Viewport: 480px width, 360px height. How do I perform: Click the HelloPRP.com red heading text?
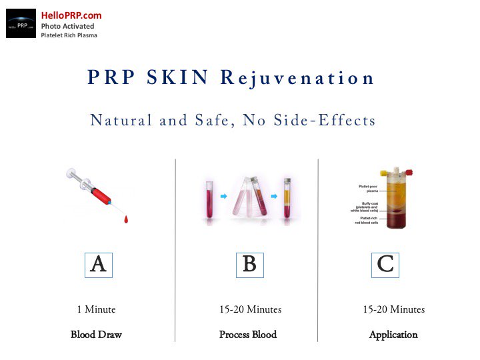click(71, 15)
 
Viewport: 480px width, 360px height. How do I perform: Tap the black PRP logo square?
click(21, 23)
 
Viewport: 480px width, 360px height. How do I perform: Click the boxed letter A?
click(98, 265)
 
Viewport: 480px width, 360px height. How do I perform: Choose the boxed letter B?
click(249, 265)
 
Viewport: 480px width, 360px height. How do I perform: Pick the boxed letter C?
click(385, 265)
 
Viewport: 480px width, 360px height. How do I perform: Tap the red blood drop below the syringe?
click(126, 219)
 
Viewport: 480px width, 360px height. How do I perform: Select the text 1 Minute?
click(96, 309)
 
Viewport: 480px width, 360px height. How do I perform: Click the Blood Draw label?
click(96, 335)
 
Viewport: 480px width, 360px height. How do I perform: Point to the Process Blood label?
click(248, 335)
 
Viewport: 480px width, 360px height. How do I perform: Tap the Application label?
click(393, 335)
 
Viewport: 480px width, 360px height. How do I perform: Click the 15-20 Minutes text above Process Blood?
click(250, 309)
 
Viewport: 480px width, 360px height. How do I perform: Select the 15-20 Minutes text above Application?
click(393, 309)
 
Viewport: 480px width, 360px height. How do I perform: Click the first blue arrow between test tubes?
click(223, 197)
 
